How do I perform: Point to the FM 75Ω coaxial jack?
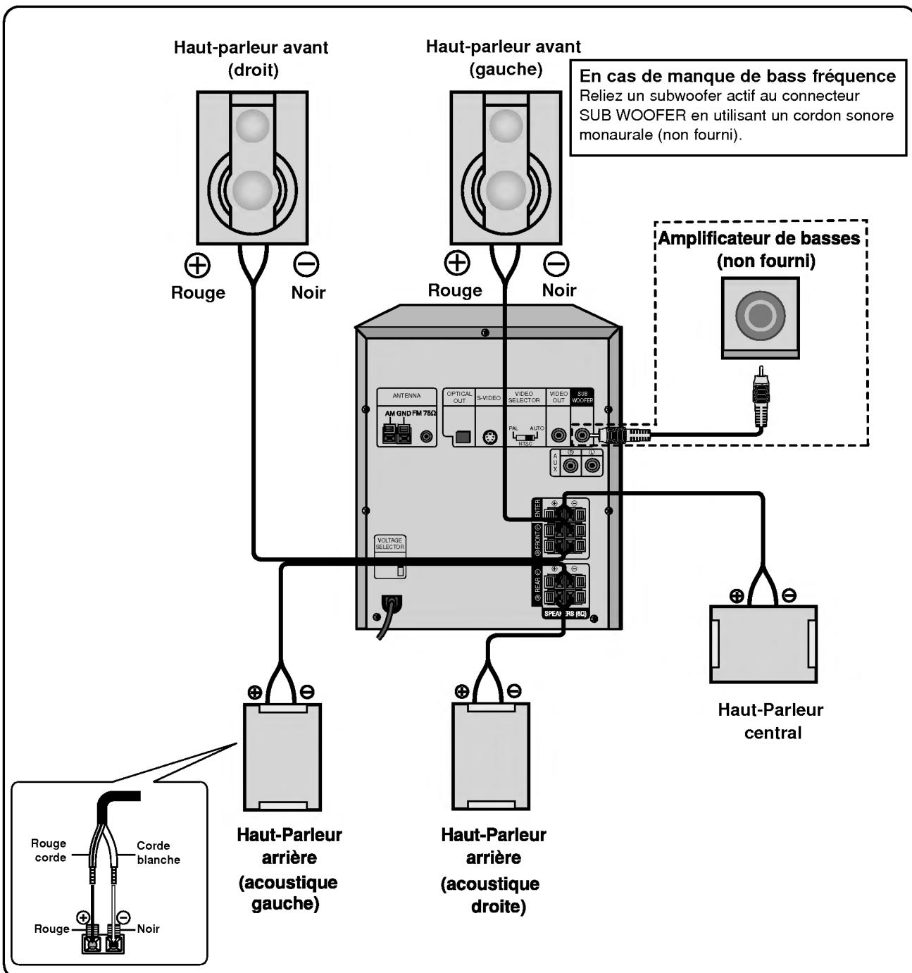pos(426,437)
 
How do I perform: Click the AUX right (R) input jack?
pos(570,466)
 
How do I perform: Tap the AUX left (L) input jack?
pos(592,466)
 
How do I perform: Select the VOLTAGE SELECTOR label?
pos(390,544)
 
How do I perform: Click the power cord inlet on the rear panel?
pos(390,603)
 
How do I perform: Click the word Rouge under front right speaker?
pos(198,293)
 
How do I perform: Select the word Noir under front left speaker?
pos(559,290)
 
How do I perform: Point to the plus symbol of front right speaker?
pos(198,265)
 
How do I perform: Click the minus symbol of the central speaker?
pos(790,595)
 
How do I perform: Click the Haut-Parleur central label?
pos(771,721)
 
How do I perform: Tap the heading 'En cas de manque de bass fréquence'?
pos(737,76)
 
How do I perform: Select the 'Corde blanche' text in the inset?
pos(158,853)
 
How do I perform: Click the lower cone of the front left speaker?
pos(506,192)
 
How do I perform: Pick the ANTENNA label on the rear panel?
pos(406,396)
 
